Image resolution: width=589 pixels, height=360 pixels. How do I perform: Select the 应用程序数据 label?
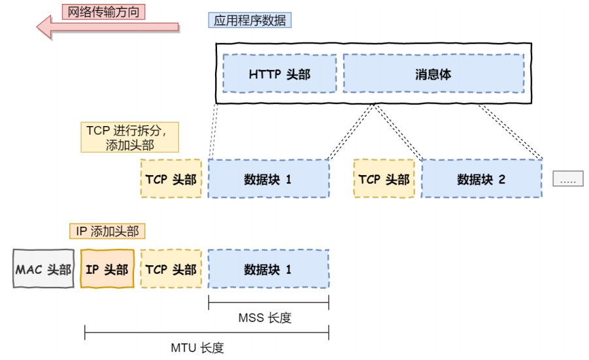pos(250,20)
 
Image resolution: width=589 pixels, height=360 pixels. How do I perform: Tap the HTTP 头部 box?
pos(279,73)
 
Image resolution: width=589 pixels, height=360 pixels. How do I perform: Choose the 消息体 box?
pos(433,73)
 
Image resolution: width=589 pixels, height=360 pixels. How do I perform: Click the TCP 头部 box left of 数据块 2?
pos(384,179)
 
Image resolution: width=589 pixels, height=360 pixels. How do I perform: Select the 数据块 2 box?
pos(482,179)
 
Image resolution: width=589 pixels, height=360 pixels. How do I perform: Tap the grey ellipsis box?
pos(567,178)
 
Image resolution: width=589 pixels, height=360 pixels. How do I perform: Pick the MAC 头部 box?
pos(43,269)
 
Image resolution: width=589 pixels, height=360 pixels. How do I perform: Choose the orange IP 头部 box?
pos(107,269)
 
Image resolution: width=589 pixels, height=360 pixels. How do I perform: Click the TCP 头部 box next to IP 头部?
pos(171,269)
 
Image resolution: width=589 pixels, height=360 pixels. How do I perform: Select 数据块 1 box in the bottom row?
pos(268,269)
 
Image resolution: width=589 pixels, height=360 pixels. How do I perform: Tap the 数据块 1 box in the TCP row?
pos(268,179)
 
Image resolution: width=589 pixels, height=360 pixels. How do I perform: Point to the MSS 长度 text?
pos(265,318)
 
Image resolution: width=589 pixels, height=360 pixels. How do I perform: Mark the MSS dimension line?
pos(268,302)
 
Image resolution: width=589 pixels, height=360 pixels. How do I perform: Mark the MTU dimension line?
pos(206,333)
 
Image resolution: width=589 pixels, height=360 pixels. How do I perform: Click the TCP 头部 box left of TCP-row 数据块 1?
pos(171,179)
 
